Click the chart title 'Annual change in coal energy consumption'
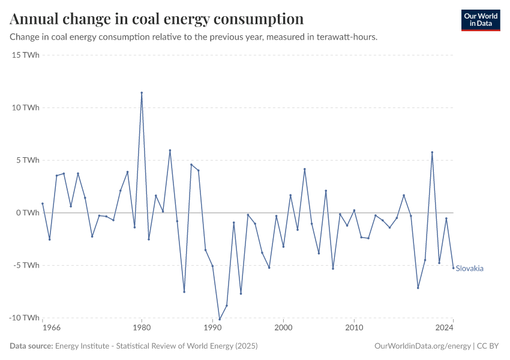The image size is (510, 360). click(157, 19)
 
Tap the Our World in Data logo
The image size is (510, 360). click(481, 20)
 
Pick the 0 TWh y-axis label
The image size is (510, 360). click(27, 213)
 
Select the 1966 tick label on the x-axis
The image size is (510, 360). click(52, 328)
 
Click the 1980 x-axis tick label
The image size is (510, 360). click(142, 328)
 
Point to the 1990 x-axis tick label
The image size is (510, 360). click(212, 328)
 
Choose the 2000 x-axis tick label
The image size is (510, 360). click(283, 328)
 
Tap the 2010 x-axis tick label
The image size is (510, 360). click(354, 328)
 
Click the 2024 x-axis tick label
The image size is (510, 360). click(445, 328)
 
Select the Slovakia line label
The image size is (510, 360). click(470, 268)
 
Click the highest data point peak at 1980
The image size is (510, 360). click(142, 93)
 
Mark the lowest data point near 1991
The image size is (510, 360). click(220, 320)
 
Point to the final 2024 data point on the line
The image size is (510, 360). click(453, 268)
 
